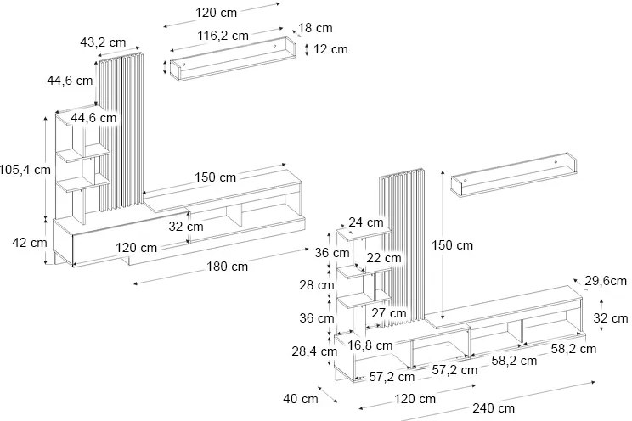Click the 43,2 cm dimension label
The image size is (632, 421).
tap(102, 42)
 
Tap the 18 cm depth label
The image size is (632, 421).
tap(316, 28)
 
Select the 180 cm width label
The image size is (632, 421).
tap(227, 266)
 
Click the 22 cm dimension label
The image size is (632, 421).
tap(384, 257)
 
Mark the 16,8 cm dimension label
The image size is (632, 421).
tap(369, 345)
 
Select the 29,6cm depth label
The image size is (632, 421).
tap(607, 281)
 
